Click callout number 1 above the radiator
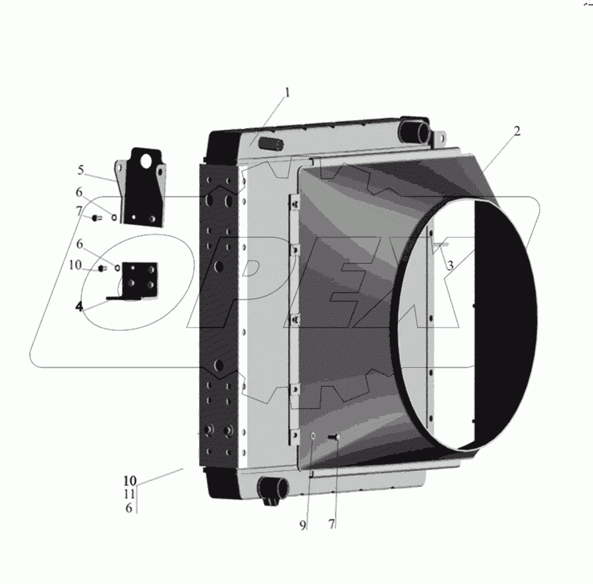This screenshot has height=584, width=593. coord(287,93)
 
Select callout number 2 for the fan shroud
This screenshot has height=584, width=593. coord(517,131)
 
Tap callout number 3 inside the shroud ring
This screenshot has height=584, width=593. coord(450,266)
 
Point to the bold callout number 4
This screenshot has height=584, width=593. coord(78,307)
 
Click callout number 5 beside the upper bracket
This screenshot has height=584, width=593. coord(80,170)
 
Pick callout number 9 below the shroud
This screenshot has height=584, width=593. coord(302,525)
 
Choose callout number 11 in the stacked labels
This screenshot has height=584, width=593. coord(129,494)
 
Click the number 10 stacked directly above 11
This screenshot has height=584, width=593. coord(130,481)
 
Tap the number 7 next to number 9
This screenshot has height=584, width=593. coord(331,524)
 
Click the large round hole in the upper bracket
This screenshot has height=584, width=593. coord(145,162)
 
